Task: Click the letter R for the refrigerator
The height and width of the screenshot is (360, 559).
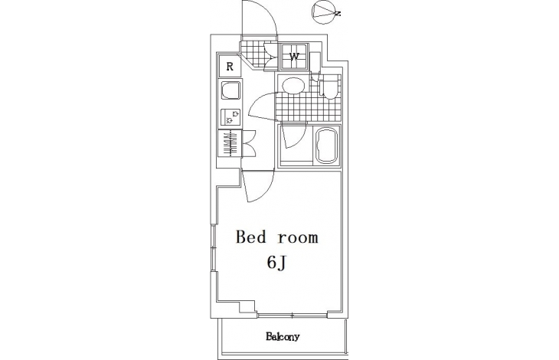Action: (230, 67)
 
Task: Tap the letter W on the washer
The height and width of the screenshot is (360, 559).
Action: (294, 57)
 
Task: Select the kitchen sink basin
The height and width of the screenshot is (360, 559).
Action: (230, 91)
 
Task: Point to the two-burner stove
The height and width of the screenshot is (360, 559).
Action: (230, 117)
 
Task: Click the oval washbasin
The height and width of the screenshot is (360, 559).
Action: (293, 86)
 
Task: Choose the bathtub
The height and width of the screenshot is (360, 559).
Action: (327, 145)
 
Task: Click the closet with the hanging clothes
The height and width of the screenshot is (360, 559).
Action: (230, 143)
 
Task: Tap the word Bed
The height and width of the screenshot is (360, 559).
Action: (251, 237)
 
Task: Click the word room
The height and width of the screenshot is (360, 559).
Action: (298, 238)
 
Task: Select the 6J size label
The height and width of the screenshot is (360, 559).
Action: (277, 263)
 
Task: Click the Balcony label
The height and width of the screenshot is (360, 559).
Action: (283, 336)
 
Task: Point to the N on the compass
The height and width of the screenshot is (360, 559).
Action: (338, 14)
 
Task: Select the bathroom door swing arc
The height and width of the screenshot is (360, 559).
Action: (299, 139)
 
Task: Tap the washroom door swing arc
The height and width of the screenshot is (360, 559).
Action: (257, 101)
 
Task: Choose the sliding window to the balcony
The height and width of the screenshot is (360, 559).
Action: (292, 316)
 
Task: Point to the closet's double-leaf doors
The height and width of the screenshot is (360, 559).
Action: (249, 143)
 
